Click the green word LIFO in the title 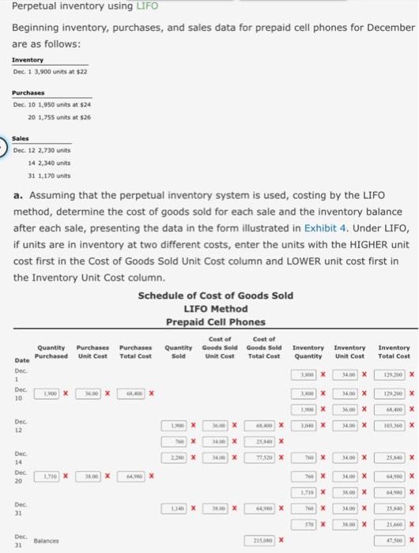148,6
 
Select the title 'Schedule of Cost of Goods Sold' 216,296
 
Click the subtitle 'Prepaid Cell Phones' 216,322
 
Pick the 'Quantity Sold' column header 179,351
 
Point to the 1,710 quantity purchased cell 51,476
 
